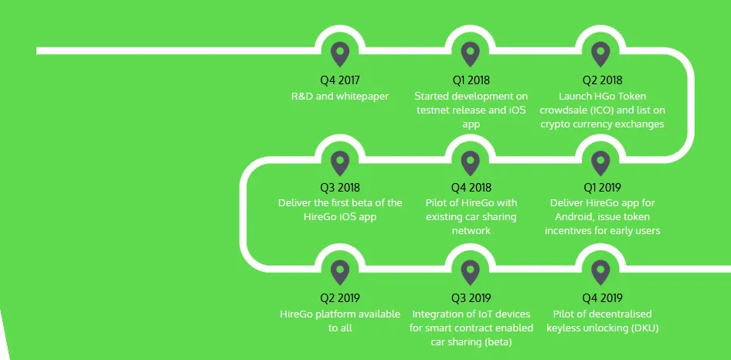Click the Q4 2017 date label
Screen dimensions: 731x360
point(340,80)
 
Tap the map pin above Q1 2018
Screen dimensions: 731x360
point(471,54)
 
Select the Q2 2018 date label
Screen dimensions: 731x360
point(602,80)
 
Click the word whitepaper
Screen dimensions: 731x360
point(362,96)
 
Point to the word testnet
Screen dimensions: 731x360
point(432,110)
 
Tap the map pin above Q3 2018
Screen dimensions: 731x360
point(340,164)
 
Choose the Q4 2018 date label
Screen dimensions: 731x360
point(471,188)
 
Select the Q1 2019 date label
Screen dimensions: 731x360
point(602,188)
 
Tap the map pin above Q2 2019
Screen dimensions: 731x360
point(340,273)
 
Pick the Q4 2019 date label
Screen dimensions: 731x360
point(602,297)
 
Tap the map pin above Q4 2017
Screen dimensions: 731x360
point(340,54)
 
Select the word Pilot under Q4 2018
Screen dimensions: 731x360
point(437,203)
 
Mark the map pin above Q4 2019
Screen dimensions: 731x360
point(600,273)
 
